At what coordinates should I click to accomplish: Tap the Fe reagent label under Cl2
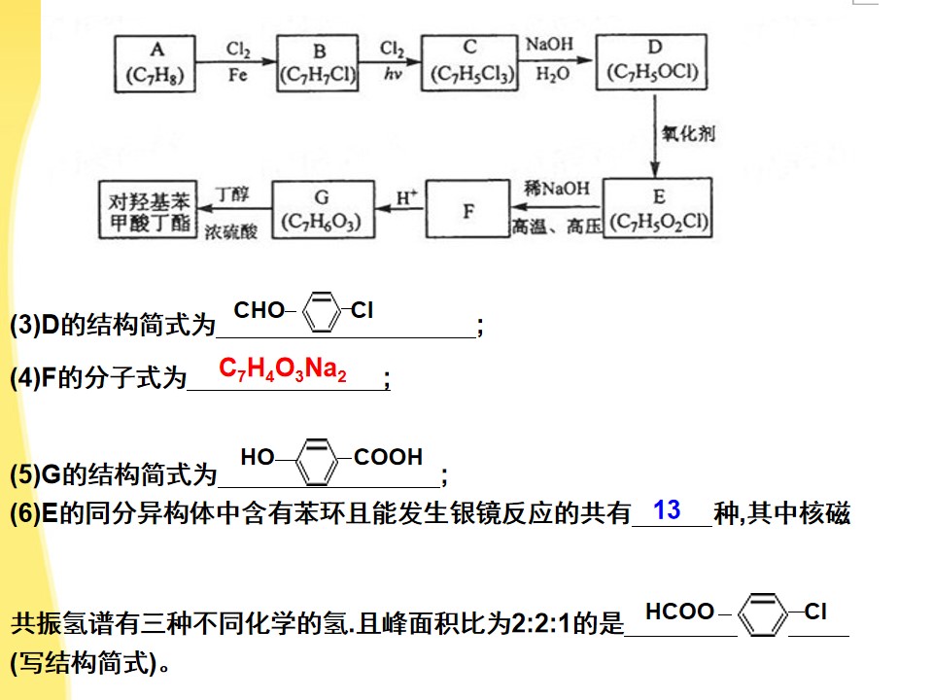[x=237, y=75]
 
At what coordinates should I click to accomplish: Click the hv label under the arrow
[x=393, y=74]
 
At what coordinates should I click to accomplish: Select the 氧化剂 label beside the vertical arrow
[x=688, y=133]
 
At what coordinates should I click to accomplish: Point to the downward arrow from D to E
[x=654, y=135]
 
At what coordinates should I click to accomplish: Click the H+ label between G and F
[x=407, y=197]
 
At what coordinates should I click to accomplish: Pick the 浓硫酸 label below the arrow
[x=231, y=231]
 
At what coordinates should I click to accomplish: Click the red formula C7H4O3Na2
[x=283, y=369]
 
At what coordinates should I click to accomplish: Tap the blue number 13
[x=667, y=510]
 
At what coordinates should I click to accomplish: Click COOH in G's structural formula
[x=388, y=457]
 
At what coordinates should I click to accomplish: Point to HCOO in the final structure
[x=679, y=612]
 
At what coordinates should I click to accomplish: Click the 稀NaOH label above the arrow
[x=557, y=189]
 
